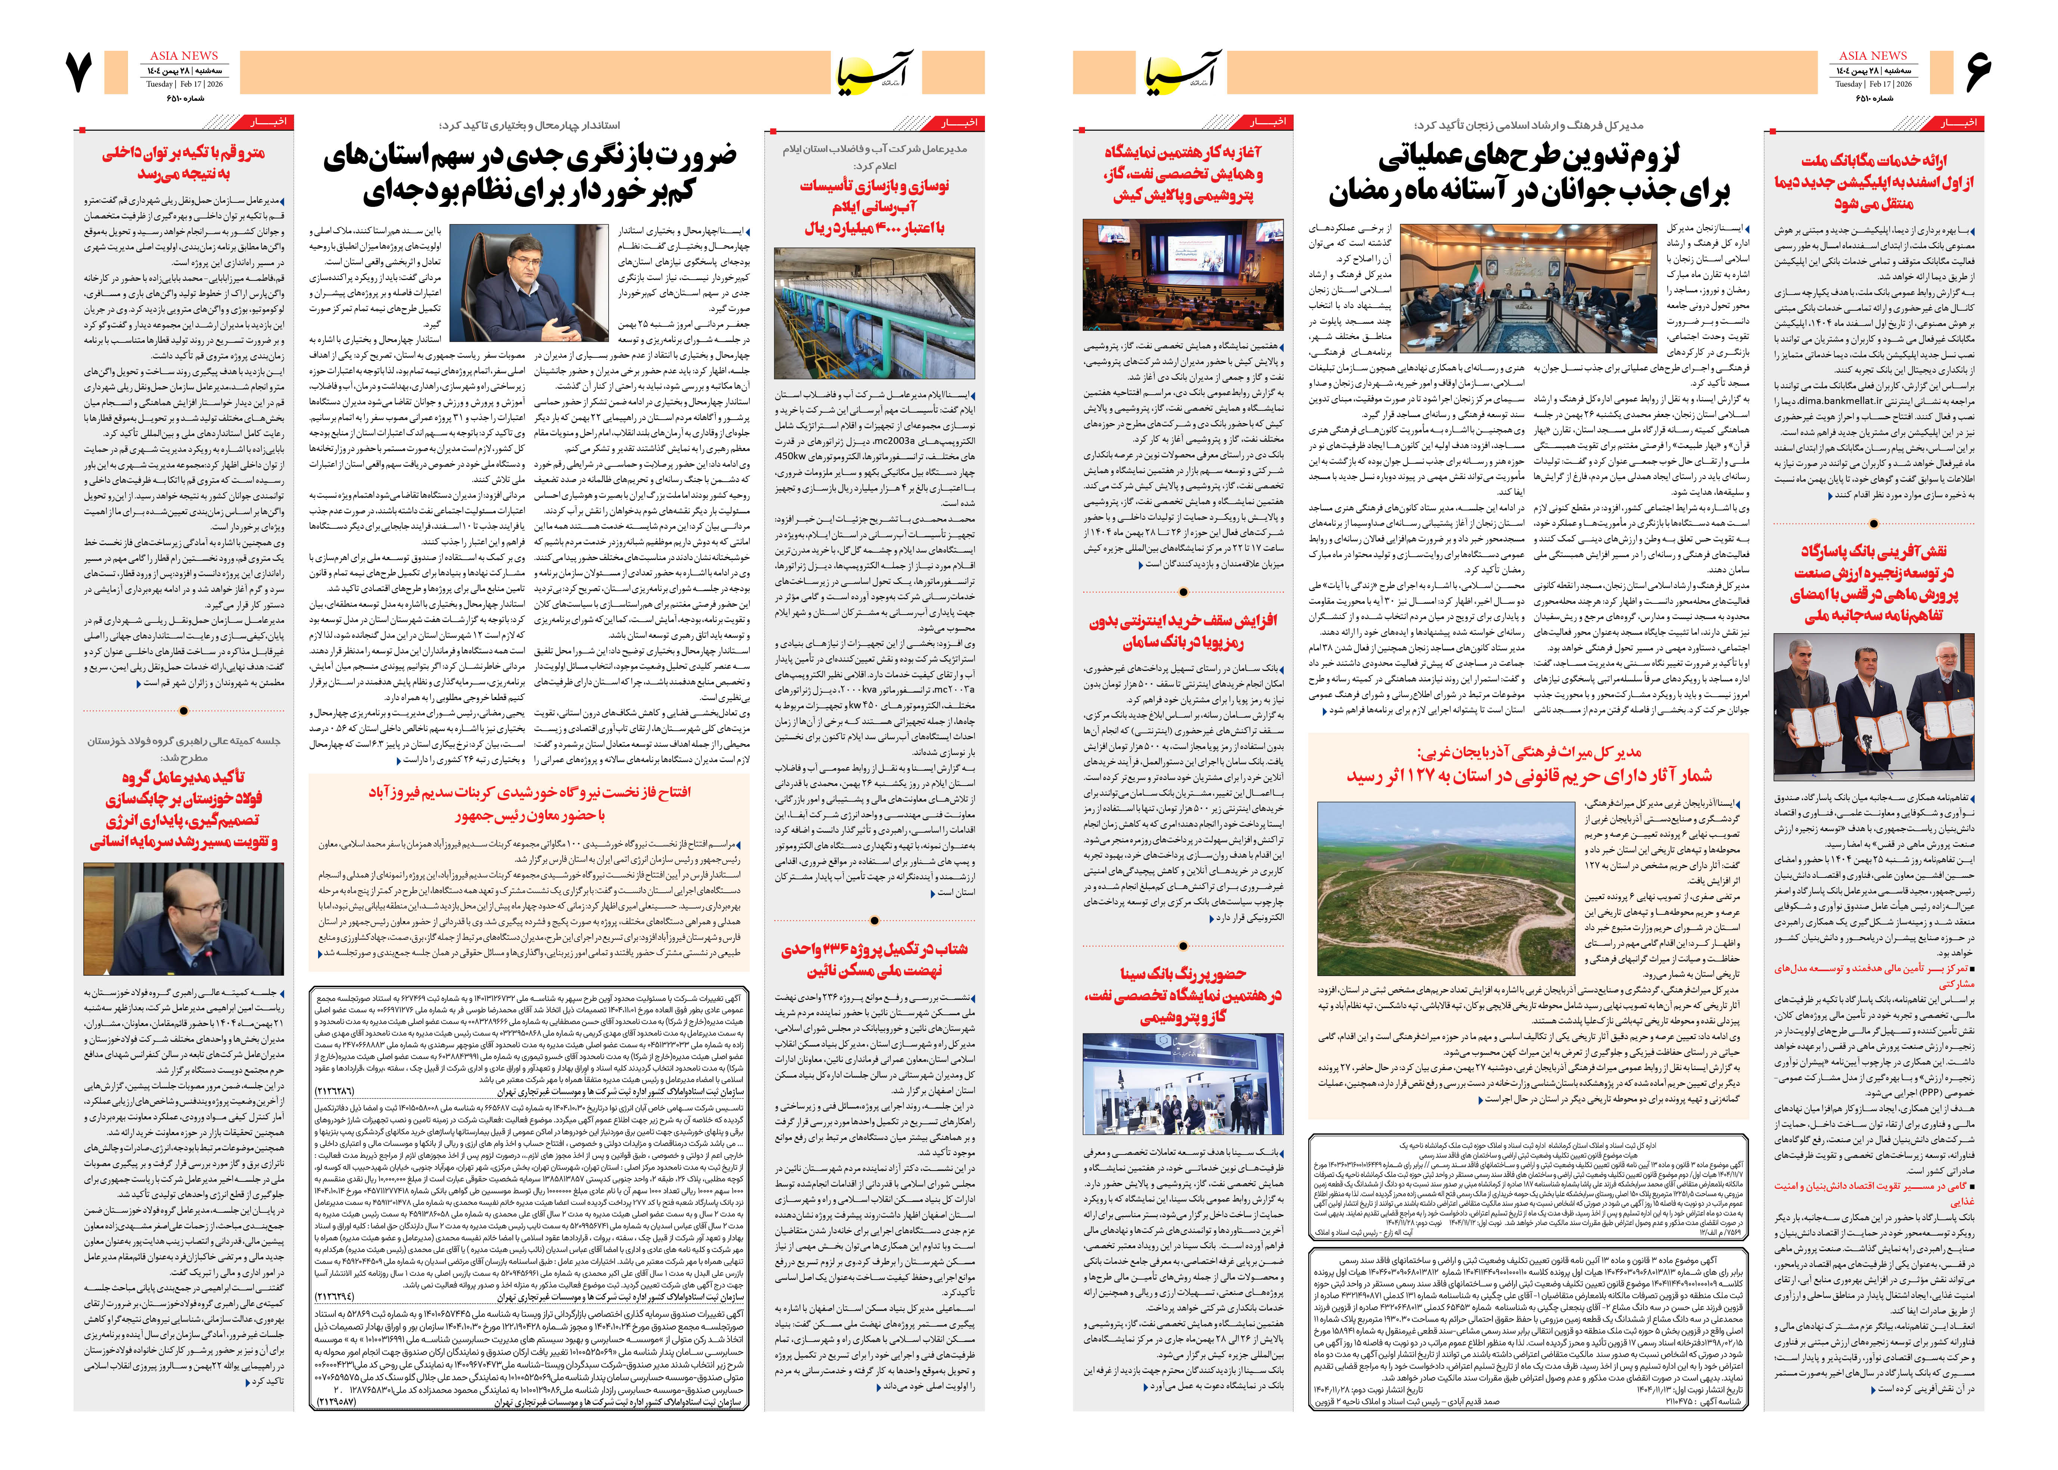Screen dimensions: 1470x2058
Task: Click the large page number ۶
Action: pos(1977,72)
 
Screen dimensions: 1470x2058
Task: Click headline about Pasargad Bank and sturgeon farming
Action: pos(1872,584)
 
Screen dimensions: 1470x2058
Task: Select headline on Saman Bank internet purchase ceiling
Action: pos(1183,631)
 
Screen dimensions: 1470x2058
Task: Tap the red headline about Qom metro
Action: pos(184,163)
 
